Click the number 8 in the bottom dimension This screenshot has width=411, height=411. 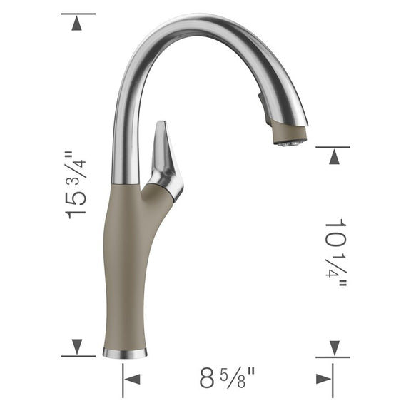pos(207,377)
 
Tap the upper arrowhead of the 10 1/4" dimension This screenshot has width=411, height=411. pos(333,156)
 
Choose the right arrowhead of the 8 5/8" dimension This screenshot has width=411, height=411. pos(323,377)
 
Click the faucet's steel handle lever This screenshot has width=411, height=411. pos(162,153)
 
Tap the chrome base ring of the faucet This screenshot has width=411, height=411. pos(125,352)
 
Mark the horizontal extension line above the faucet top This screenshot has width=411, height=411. pos(78,14)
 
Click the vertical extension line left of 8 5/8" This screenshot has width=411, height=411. pos(123,378)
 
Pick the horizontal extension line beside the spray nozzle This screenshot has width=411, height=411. pos(333,147)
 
